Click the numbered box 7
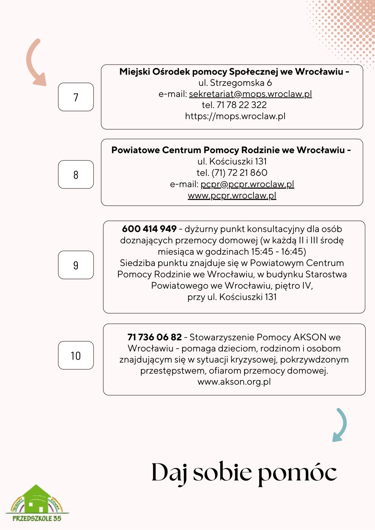(76, 97)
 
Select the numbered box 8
(76, 175)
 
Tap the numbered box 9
(76, 265)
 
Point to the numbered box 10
(76, 355)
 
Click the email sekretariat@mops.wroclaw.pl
(250, 94)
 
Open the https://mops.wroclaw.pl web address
(235, 116)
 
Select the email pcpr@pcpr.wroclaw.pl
(247, 184)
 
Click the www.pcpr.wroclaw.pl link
(232, 196)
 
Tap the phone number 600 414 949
(149, 229)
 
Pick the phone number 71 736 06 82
(154, 337)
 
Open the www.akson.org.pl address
(234, 382)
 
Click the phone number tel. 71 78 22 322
(234, 105)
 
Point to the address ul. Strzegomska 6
(235, 83)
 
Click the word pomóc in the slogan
(297, 473)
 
